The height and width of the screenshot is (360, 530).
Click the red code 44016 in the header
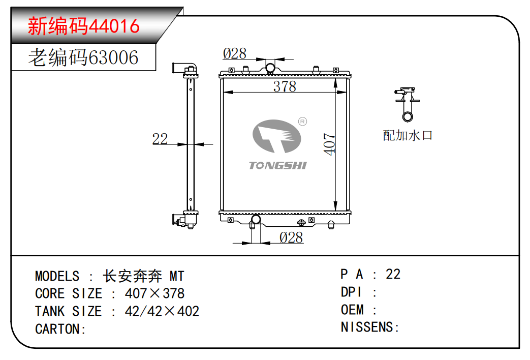tap(114, 26)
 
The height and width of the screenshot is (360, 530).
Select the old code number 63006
tap(113, 57)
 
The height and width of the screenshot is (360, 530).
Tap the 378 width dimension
tap(285, 86)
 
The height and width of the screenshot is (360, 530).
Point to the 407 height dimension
tap(329, 144)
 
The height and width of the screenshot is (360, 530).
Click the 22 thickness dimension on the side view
tap(160, 138)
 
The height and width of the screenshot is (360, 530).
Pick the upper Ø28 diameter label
tap(235, 53)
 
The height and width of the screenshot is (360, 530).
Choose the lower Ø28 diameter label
tap(291, 237)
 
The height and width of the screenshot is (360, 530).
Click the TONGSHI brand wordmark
tap(278, 165)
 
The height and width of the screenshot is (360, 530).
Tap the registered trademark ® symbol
tap(302, 122)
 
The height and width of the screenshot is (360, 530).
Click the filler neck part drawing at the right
tap(408, 104)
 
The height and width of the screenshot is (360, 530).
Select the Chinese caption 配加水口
tap(408, 135)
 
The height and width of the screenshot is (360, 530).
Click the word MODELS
tap(57, 277)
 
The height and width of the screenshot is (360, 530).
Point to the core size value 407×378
tap(154, 294)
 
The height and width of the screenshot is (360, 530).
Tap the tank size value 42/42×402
tap(162, 311)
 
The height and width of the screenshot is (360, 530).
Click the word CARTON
tap(58, 329)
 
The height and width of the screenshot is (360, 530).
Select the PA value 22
tap(393, 275)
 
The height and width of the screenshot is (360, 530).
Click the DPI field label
tap(351, 292)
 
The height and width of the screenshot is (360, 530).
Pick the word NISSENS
tap(367, 327)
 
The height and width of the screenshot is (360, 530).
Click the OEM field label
tap(352, 310)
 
